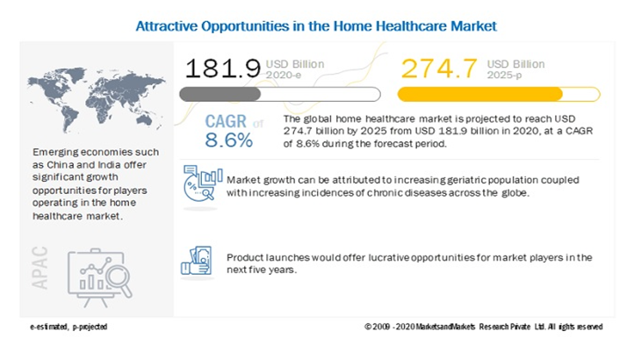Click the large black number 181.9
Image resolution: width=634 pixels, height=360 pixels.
(x=223, y=68)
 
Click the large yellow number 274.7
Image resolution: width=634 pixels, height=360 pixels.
(x=439, y=68)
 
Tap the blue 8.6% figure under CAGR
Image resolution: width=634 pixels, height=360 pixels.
(x=229, y=140)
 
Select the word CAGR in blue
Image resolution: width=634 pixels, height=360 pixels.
(x=226, y=121)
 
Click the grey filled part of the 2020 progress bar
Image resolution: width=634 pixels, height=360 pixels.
(x=220, y=94)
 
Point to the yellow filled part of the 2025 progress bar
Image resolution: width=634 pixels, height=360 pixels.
(x=480, y=94)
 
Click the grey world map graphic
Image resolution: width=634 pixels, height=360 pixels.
(x=97, y=99)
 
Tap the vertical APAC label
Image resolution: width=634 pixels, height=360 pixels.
(x=40, y=268)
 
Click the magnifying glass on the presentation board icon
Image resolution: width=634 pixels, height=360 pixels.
(x=119, y=280)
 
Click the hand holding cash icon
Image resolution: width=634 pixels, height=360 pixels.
(x=197, y=261)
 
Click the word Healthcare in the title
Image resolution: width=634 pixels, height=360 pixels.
(x=411, y=25)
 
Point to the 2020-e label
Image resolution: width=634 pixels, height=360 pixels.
(x=283, y=75)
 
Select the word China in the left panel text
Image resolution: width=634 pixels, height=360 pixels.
(x=61, y=164)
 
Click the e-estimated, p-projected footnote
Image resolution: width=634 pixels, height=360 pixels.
(x=68, y=327)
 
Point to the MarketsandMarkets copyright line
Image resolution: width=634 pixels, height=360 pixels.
(x=484, y=327)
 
